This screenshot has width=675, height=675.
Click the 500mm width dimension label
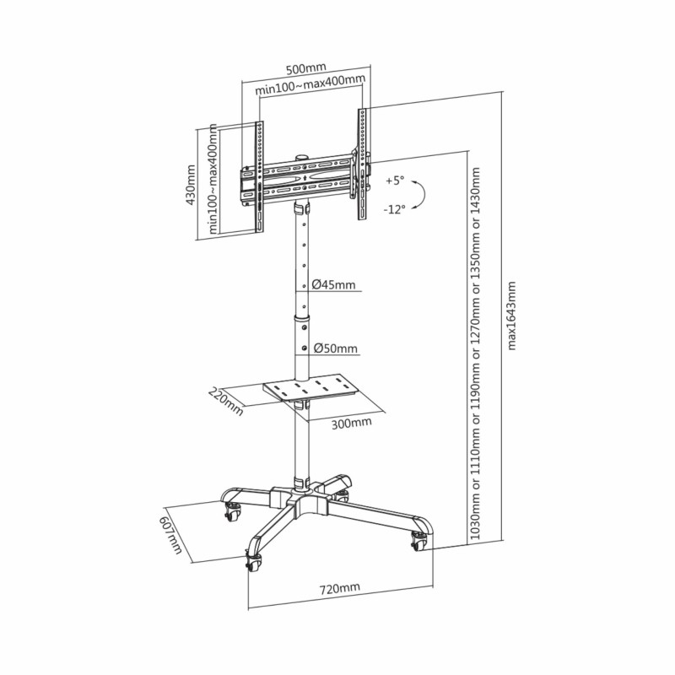tap(306, 68)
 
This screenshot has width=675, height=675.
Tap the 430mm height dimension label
tap(191, 185)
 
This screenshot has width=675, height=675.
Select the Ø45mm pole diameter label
tap(334, 284)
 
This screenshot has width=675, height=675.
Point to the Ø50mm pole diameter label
tap(335, 348)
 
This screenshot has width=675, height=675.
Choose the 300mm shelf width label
tap(351, 424)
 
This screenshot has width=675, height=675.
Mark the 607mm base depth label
tap(171, 536)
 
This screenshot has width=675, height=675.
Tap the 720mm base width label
tap(340, 587)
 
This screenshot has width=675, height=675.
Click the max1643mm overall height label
tap(511, 316)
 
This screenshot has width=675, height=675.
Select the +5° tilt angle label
tap(395, 181)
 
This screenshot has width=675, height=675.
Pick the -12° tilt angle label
tap(395, 209)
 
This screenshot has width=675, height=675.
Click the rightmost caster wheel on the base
tap(418, 542)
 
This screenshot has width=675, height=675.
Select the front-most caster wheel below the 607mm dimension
tap(254, 562)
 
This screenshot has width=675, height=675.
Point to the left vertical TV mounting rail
tap(260, 176)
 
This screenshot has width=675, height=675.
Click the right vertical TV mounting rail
tap(363, 164)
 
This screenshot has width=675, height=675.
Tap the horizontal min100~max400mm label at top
tap(310, 85)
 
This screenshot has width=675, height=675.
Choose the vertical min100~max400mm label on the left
tap(213, 179)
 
